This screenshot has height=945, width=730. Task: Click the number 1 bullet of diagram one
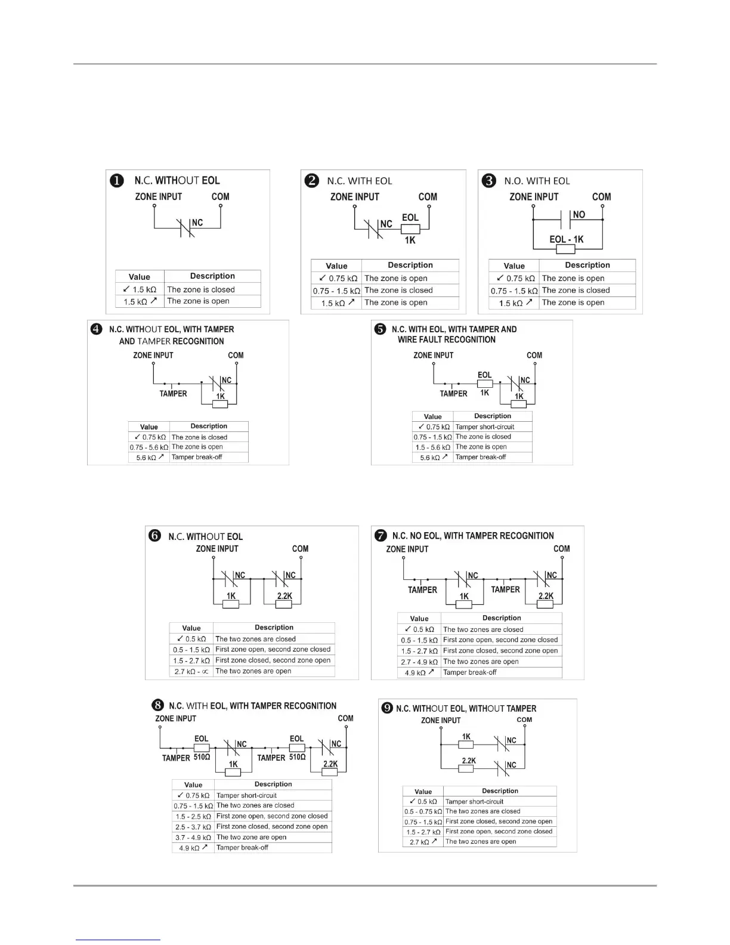(117, 180)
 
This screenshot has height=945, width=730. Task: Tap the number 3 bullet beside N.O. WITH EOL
(488, 180)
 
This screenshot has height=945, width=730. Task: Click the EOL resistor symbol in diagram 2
(410, 229)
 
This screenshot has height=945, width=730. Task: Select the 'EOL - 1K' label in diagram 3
(566, 239)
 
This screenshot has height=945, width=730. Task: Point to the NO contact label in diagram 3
(579, 214)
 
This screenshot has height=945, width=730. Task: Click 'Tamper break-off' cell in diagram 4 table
(197, 457)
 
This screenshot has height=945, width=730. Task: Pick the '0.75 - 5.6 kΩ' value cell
(149, 447)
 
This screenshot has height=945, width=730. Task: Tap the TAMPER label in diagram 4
(173, 394)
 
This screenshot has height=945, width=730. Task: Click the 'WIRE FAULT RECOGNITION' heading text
(447, 339)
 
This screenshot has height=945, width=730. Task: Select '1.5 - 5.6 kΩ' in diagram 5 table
(432, 447)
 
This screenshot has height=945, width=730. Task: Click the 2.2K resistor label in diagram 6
(284, 596)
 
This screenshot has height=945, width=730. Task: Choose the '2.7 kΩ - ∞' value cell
(191, 671)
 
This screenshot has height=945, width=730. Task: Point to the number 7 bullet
(380, 536)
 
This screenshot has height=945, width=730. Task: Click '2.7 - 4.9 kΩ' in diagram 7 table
(419, 662)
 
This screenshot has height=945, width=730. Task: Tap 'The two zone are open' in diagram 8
(251, 837)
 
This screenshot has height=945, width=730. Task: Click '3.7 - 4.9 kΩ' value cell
(193, 837)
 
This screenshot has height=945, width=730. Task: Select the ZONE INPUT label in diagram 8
(175, 718)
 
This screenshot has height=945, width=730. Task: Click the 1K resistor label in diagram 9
(466, 737)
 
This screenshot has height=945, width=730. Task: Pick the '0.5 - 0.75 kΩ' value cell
(423, 811)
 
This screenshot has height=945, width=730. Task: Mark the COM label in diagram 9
(524, 719)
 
